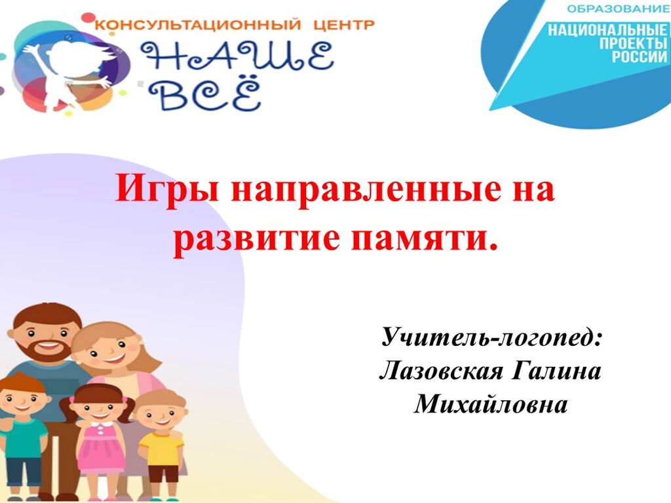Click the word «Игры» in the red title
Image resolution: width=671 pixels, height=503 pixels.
(167, 190)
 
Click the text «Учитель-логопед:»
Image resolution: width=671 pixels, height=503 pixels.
(492, 337)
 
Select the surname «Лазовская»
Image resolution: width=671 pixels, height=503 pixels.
(441, 371)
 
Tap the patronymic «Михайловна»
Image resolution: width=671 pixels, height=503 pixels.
(491, 403)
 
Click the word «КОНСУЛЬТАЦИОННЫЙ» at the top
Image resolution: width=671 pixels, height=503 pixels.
(198, 24)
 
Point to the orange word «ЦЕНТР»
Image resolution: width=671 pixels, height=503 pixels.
(344, 24)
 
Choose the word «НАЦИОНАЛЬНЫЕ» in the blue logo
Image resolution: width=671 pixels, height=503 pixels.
(607, 30)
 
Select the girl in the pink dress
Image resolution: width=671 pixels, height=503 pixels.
(100, 441)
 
